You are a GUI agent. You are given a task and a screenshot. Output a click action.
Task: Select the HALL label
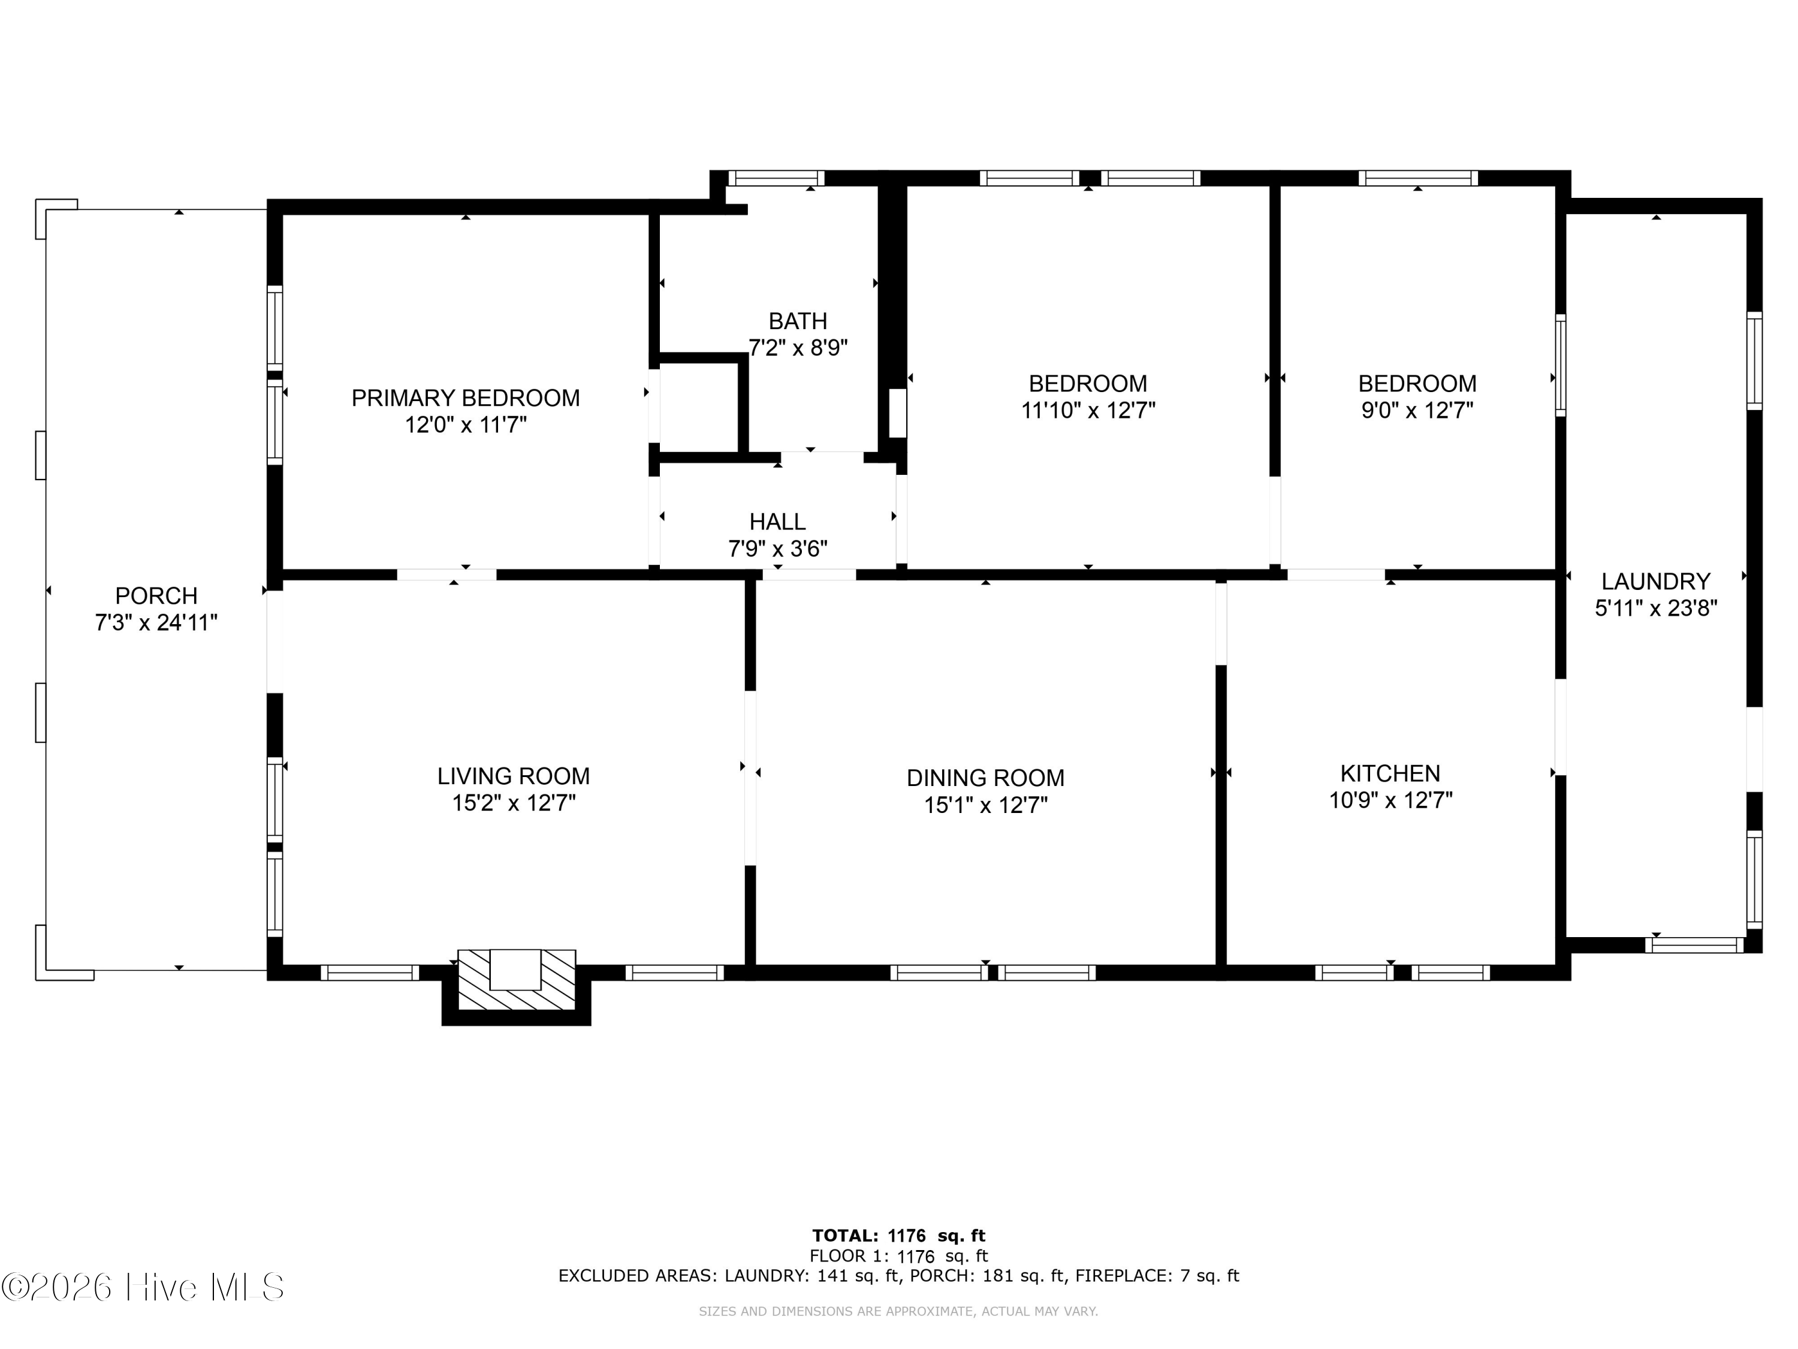click(777, 521)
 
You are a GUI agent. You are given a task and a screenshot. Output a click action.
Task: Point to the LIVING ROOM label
click(513, 776)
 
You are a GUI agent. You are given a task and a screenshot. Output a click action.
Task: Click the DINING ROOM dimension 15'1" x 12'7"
click(985, 805)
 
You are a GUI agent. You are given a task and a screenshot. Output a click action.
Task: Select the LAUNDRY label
click(1656, 582)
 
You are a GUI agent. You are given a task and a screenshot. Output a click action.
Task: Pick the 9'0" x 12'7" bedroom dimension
click(1417, 410)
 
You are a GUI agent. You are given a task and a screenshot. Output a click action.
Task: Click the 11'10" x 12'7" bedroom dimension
click(1088, 410)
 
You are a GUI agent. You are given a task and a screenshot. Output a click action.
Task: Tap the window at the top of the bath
click(776, 178)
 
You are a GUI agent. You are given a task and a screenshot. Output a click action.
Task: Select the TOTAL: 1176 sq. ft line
click(898, 1236)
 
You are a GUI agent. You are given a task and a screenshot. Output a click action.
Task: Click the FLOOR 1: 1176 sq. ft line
click(898, 1256)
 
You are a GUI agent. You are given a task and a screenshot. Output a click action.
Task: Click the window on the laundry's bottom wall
click(1695, 945)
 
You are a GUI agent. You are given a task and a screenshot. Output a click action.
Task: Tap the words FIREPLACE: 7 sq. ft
click(1157, 1276)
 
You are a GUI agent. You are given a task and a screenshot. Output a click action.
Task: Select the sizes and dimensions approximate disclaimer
click(898, 1311)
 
